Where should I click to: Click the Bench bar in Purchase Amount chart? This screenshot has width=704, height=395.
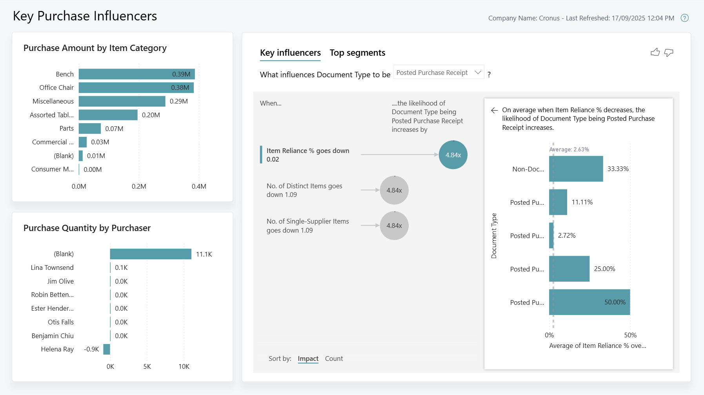[136, 74]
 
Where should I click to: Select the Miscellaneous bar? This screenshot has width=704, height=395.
[122, 101]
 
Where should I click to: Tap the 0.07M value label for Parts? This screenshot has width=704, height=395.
[114, 129]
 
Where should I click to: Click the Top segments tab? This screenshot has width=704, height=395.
[357, 53]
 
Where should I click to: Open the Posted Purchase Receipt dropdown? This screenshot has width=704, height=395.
[438, 73]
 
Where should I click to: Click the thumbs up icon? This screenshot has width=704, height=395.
[655, 52]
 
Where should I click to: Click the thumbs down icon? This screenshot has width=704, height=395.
[669, 53]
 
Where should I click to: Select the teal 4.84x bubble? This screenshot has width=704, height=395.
[453, 155]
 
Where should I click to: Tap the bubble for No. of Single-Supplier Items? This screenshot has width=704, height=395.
[394, 226]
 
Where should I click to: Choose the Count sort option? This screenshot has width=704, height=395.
[334, 359]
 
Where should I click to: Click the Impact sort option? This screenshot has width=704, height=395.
[308, 359]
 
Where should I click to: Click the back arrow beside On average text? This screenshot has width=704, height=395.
[494, 110]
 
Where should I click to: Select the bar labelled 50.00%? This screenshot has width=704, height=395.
[589, 302]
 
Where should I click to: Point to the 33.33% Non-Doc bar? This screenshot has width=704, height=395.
[576, 169]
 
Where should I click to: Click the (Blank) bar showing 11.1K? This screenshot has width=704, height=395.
[151, 254]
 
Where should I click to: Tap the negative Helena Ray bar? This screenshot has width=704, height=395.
[107, 349]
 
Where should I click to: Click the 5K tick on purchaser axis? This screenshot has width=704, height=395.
[147, 366]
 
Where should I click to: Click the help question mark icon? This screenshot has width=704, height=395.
[685, 18]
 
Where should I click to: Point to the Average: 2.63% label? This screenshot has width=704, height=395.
[569, 149]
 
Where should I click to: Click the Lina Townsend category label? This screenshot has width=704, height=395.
[52, 268]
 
